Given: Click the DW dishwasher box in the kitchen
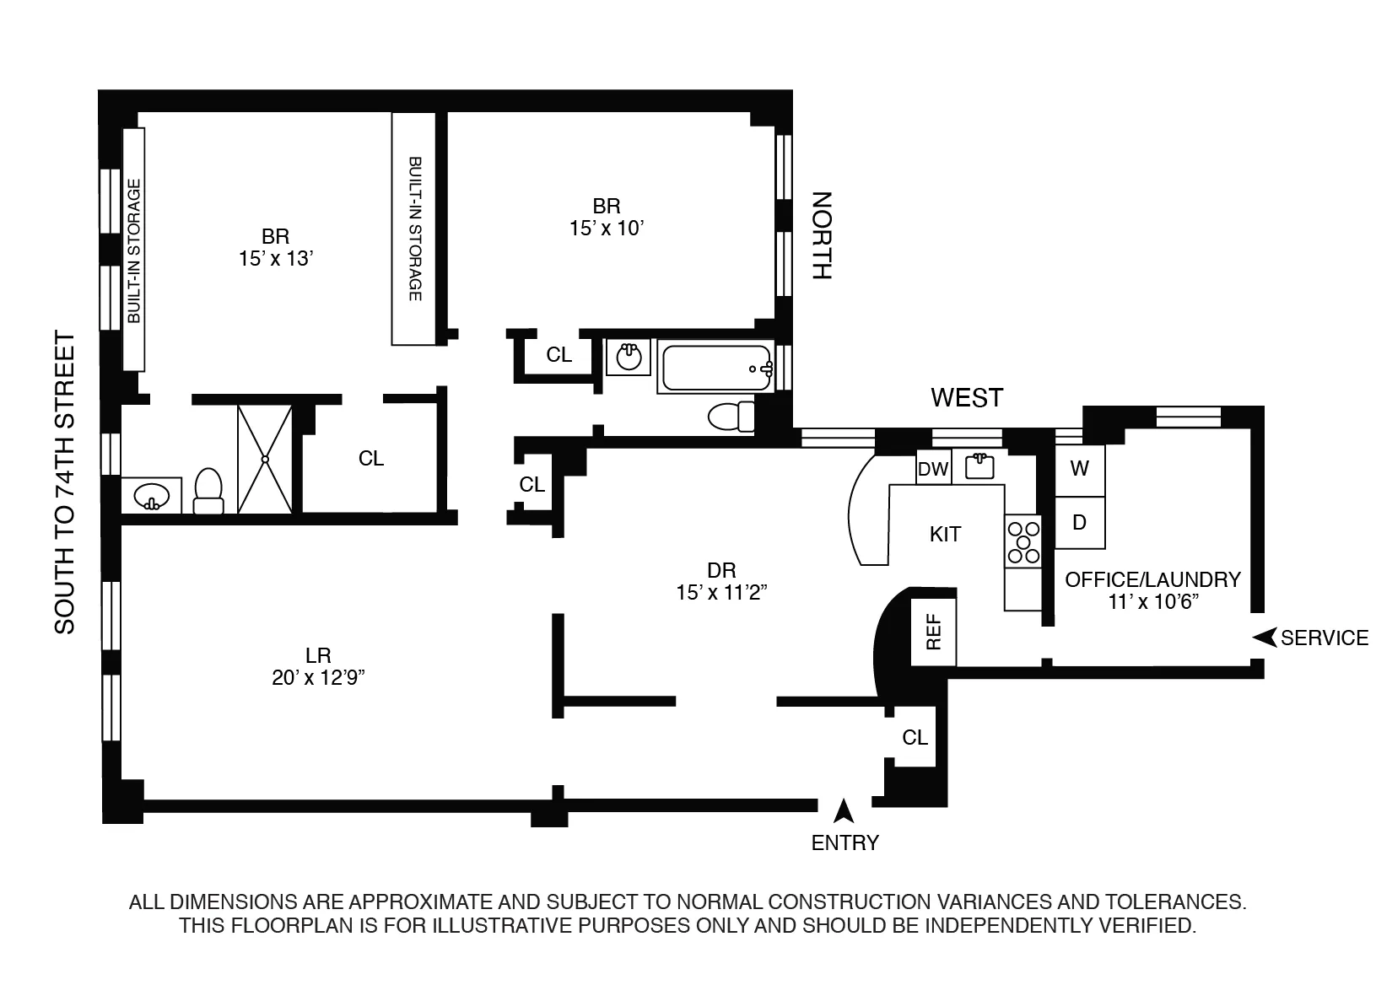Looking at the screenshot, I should click(x=933, y=469).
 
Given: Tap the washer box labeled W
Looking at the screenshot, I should click(x=1080, y=469).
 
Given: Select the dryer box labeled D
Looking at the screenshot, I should click(x=1080, y=522).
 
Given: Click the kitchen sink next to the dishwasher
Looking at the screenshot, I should click(x=979, y=466).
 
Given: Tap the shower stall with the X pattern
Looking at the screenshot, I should click(x=265, y=459).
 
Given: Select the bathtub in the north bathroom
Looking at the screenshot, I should click(x=715, y=368).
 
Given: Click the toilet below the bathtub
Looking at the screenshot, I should click(x=731, y=416).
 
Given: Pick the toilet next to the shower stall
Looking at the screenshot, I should click(x=208, y=492).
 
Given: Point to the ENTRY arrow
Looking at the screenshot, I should click(x=843, y=811).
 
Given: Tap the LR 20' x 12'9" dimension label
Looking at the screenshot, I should click(x=318, y=666).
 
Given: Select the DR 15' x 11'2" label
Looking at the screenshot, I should click(x=720, y=581).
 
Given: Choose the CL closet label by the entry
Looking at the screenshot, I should click(x=915, y=738).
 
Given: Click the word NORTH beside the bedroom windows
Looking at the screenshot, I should click(x=821, y=236).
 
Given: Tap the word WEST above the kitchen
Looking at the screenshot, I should click(x=967, y=397).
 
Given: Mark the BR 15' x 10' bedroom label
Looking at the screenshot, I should click(x=607, y=217).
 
